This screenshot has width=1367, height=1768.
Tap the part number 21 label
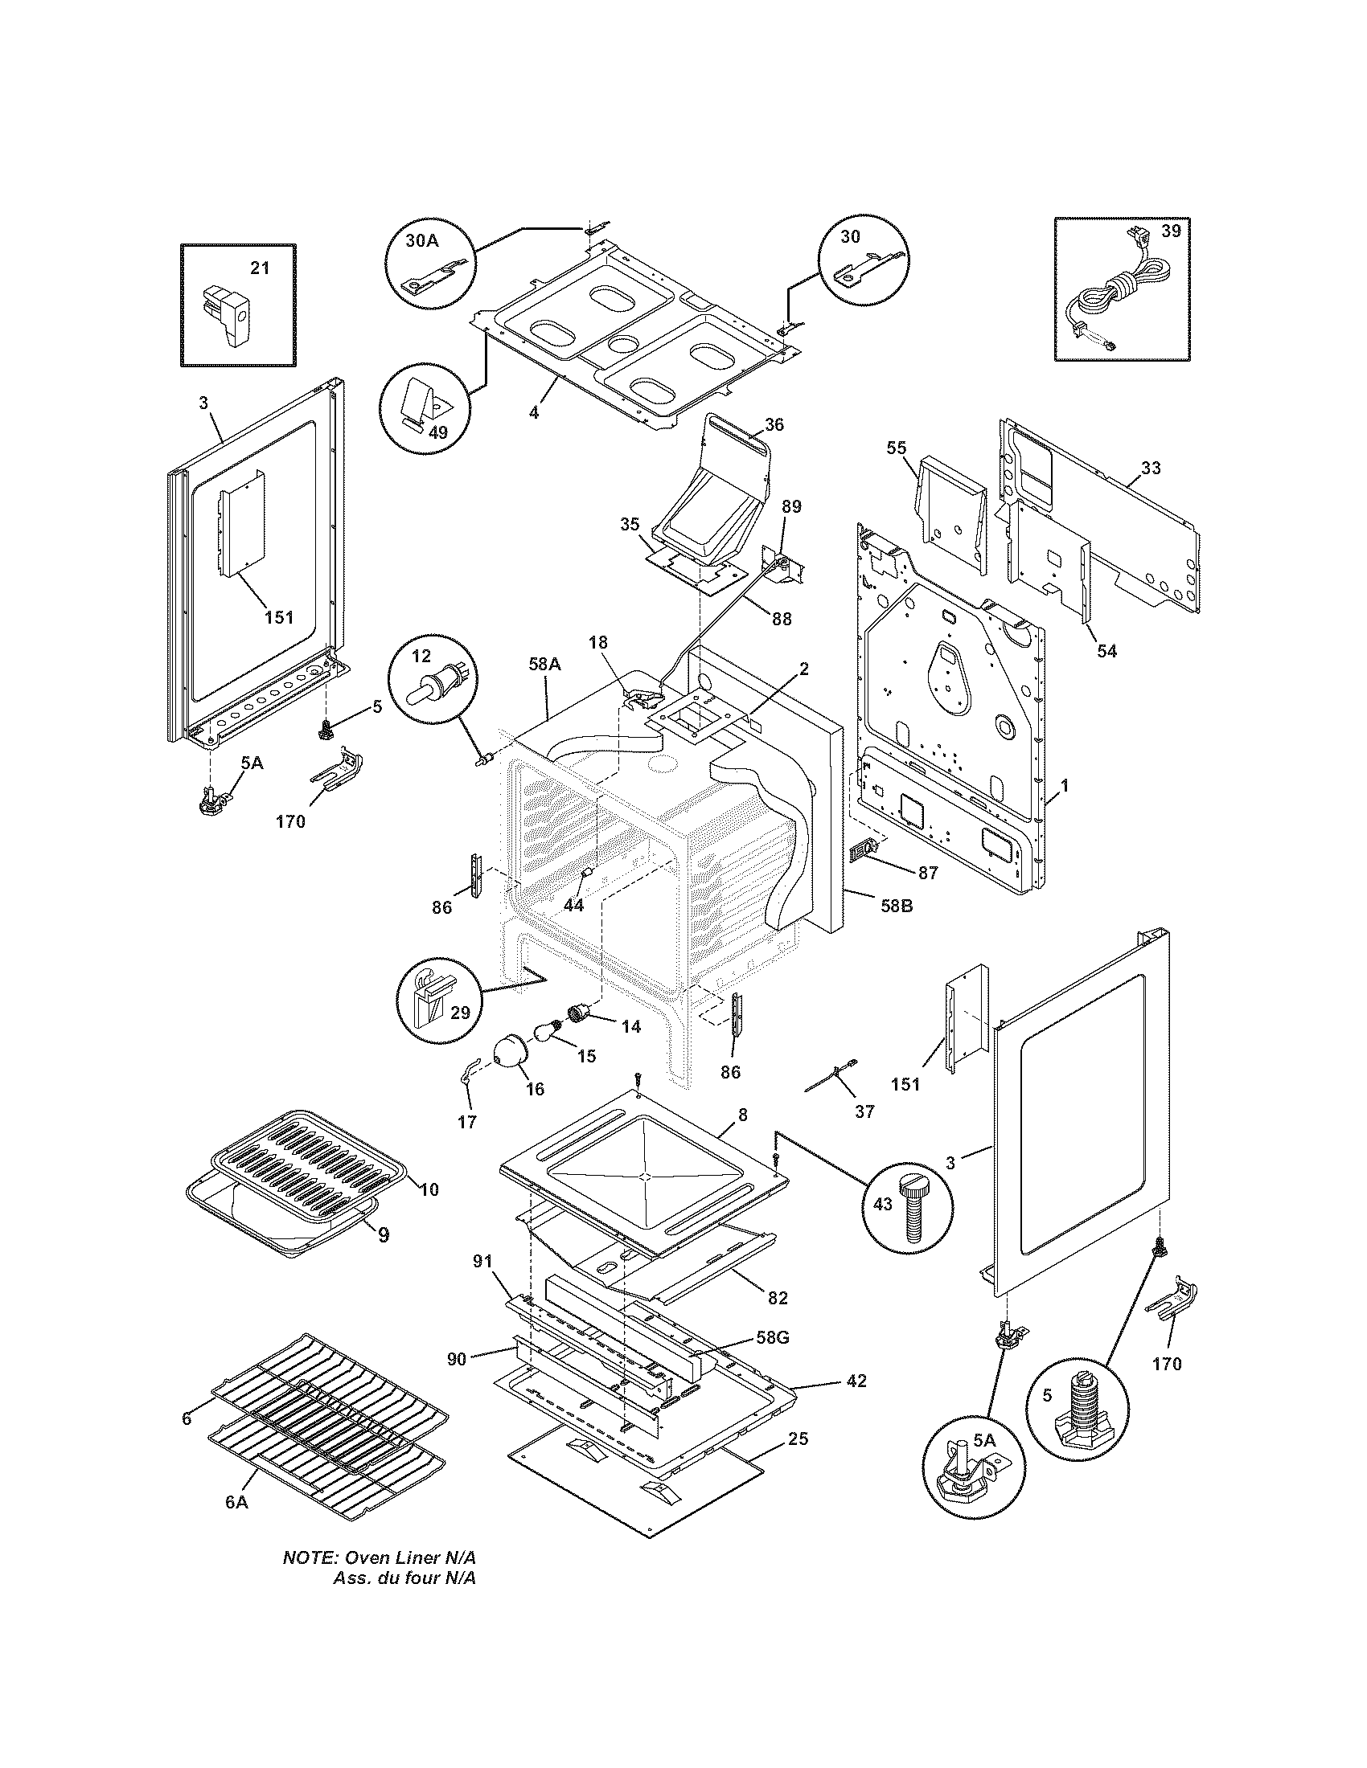pos(259,268)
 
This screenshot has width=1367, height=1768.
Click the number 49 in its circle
pos(437,432)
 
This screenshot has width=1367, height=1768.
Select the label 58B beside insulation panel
pos(897,906)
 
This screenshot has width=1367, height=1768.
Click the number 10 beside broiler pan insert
pos(429,1189)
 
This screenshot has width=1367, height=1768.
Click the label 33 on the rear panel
pos(1151,468)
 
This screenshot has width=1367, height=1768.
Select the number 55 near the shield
pos(897,448)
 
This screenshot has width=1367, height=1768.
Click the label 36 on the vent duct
pos(774,424)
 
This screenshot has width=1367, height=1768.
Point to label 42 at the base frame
pos(856,1381)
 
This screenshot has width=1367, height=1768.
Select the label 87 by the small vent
pos(928,873)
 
